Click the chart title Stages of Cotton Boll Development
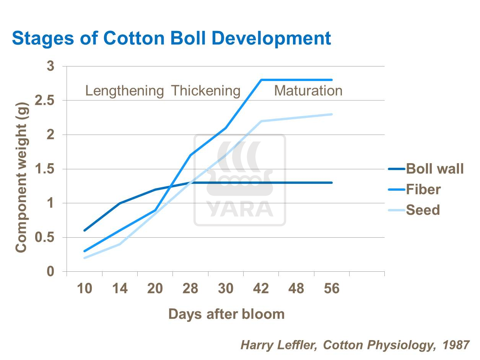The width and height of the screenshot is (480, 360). (171, 38)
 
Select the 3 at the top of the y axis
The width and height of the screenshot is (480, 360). (51, 66)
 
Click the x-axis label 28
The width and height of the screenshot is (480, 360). (190, 289)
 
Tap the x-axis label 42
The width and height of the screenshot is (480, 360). (261, 289)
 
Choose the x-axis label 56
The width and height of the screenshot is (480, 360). (332, 289)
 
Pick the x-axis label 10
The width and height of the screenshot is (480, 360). (85, 289)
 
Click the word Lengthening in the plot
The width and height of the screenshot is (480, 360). (124, 91)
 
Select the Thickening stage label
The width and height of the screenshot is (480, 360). (205, 91)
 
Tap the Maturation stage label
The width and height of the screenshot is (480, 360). (308, 91)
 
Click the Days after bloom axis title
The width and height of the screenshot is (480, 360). (226, 314)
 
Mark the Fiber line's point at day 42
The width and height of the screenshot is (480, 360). (261, 80)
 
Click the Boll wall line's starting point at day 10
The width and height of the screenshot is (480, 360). (85, 230)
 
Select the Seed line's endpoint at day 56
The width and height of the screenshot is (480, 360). (332, 114)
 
